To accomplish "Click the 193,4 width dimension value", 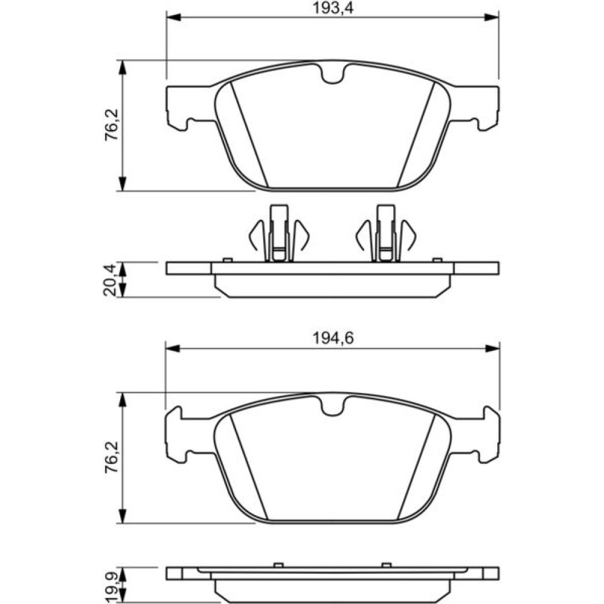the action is tap(332, 8).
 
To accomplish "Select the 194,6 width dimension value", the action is tap(332, 339).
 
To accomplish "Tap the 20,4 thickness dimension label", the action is tap(110, 279).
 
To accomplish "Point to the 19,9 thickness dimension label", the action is tap(110, 585).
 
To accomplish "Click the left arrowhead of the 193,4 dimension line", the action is tap(173, 18).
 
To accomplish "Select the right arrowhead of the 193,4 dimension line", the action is tap(492, 18).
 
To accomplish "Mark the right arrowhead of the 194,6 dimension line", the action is tap(492, 349).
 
